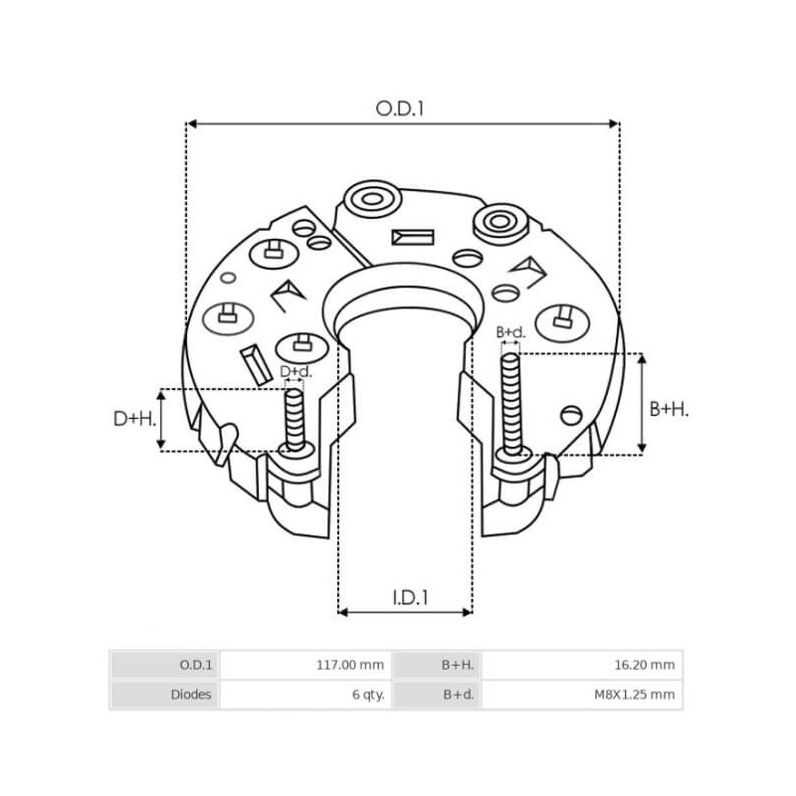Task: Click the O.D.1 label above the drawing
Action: click(400, 108)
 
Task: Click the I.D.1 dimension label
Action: click(407, 598)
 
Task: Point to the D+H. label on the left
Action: click(133, 420)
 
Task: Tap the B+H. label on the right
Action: click(670, 408)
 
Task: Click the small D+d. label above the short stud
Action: click(296, 372)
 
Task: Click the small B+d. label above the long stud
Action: click(510, 331)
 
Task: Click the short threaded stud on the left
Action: click(295, 418)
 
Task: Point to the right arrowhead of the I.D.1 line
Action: click(467, 611)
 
